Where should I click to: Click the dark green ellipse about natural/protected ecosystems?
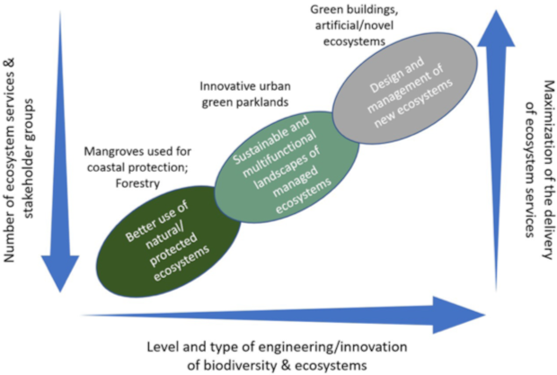[x=169, y=242]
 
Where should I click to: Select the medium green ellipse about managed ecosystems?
[x=287, y=167]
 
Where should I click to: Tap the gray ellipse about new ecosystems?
[x=404, y=88]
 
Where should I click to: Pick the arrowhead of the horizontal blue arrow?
[x=459, y=315]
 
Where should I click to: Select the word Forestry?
[x=137, y=183]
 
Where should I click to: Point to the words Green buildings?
[x=354, y=10]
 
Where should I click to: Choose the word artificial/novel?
[x=354, y=25]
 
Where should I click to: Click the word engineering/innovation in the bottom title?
[x=332, y=346]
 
